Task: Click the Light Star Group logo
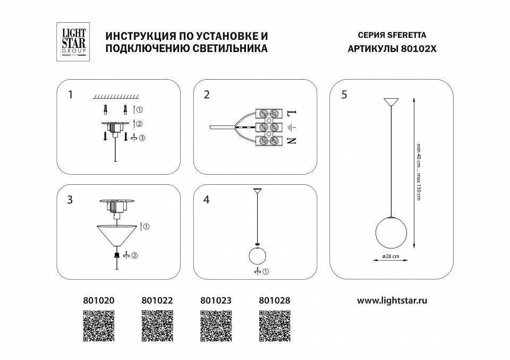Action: (x=72, y=41)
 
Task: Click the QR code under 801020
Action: (x=99, y=325)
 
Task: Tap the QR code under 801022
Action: (x=158, y=325)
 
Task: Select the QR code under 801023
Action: (x=216, y=325)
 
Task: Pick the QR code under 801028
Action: (x=274, y=325)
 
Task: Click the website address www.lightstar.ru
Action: (x=392, y=300)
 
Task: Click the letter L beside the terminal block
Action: (x=291, y=113)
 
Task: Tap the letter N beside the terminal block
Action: (x=291, y=141)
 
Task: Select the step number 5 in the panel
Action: (x=344, y=95)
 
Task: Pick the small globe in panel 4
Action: (x=258, y=256)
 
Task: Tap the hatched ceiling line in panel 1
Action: (x=116, y=97)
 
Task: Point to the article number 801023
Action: (x=216, y=300)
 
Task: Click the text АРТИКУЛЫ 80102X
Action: (x=387, y=49)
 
